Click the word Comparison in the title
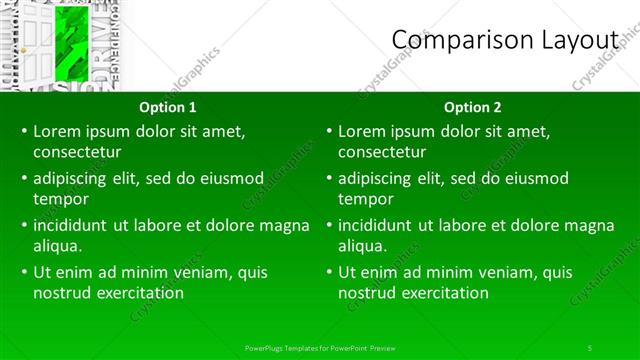451,39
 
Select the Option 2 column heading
473,107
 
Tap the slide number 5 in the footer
590,347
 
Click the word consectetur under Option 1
77,152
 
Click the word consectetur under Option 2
382,152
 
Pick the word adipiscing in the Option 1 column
71,178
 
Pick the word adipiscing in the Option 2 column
376,178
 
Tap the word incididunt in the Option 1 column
71,225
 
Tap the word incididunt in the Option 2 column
376,225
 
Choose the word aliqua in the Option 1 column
57,246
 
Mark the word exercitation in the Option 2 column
443,293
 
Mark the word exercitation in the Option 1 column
138,293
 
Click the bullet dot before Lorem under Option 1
23,131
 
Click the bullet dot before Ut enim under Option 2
328,272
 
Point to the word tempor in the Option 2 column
365,199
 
